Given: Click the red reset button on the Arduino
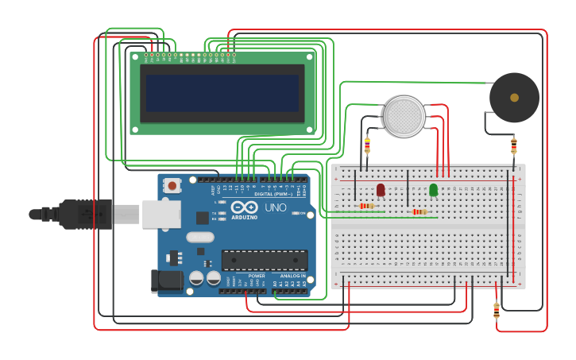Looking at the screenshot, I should click(172, 185).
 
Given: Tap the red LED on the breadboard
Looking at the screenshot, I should click(381, 189).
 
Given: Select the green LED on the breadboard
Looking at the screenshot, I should click(433, 189).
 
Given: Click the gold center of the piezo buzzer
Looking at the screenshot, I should click(514, 98).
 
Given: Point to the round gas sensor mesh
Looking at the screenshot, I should click(404, 116).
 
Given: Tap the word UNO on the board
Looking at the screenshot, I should click(275, 207).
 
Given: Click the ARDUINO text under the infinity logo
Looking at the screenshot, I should click(244, 217).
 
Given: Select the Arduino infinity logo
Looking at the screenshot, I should click(244, 207).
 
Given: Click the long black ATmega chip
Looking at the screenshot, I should click(264, 260).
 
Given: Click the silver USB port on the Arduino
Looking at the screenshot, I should click(161, 214).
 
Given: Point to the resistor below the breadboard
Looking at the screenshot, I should click(497, 310).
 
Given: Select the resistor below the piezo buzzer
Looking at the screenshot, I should click(514, 145).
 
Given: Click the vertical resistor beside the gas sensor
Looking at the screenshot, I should click(367, 145).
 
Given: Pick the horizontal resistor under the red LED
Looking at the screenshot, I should click(366, 206).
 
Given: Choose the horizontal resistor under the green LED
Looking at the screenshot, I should click(419, 211).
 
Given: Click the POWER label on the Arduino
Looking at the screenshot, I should click(257, 276).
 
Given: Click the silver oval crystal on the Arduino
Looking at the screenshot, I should click(200, 237).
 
